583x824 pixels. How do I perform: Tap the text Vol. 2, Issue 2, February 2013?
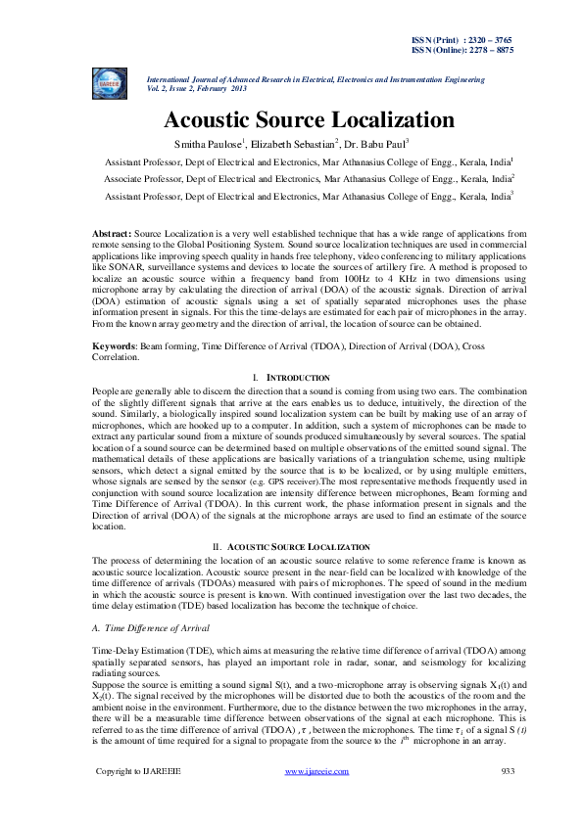pyautogui.click(x=196, y=87)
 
